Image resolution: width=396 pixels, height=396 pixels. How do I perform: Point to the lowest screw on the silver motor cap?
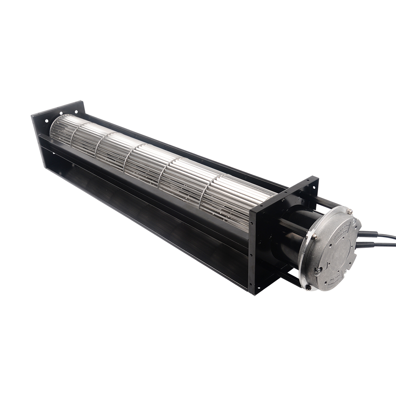(x=307, y=287)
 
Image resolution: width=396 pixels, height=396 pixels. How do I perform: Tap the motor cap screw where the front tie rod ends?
(x=314, y=237)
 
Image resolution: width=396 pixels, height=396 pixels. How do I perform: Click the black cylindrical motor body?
(x=291, y=238)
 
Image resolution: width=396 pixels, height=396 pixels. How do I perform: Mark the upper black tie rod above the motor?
(x=325, y=200)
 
